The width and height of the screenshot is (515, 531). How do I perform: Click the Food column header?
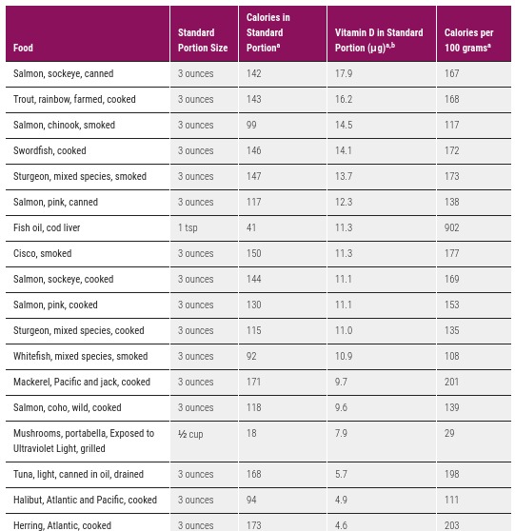(24, 48)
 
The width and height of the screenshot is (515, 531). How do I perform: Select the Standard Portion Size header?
(203, 40)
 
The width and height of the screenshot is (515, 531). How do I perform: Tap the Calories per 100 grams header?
(468, 40)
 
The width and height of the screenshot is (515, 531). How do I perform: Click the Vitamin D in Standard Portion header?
(379, 40)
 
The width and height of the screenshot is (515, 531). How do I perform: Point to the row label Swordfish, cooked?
(50, 150)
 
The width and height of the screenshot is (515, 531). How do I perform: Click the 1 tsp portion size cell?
(188, 227)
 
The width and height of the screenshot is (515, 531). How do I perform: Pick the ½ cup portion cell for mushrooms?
(191, 433)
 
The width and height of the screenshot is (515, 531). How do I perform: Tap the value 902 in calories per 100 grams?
(452, 227)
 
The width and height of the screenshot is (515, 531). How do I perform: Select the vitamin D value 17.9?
(344, 73)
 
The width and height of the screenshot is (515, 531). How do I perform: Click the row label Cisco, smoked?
(43, 253)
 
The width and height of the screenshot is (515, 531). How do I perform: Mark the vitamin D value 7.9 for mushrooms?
(341, 433)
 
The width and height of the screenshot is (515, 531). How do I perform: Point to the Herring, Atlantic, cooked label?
(62, 525)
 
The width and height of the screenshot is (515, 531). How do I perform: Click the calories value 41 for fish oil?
(251, 227)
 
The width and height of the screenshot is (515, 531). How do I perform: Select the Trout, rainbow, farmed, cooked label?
(74, 99)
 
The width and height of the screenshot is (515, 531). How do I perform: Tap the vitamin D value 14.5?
(344, 125)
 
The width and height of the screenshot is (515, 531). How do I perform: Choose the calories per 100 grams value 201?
(452, 382)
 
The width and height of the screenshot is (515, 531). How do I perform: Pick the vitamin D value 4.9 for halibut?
(341, 500)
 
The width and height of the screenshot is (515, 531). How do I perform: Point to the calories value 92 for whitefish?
(251, 356)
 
